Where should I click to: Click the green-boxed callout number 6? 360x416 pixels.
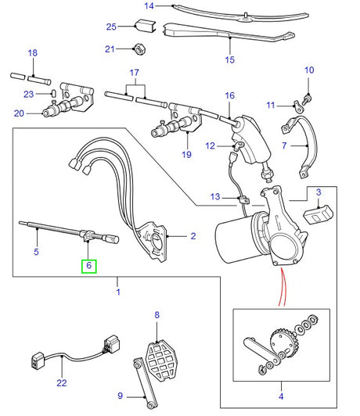[89, 266]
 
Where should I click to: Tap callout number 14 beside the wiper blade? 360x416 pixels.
[149, 6]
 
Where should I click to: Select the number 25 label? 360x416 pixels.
[111, 27]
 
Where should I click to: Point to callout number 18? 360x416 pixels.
[32, 53]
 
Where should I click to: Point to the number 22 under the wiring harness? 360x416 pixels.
[62, 382]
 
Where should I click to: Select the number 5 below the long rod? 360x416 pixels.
[35, 253]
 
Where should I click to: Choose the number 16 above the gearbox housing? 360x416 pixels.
[230, 96]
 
